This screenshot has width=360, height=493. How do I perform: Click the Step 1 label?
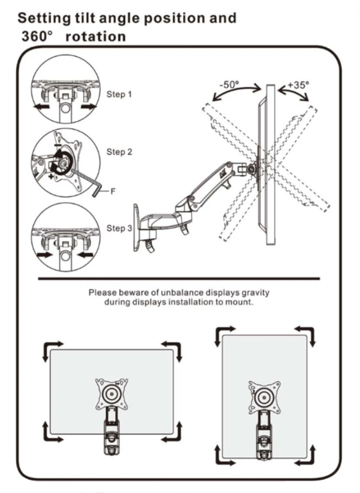(x=119, y=95)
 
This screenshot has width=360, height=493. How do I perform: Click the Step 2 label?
(x=119, y=152)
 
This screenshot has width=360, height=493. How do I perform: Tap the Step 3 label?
(x=119, y=228)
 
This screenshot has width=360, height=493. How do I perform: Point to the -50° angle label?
(x=229, y=84)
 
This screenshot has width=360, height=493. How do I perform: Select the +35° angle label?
(x=299, y=84)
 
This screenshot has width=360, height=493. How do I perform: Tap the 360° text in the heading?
(x=35, y=36)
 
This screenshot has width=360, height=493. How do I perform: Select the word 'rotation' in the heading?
(x=95, y=36)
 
